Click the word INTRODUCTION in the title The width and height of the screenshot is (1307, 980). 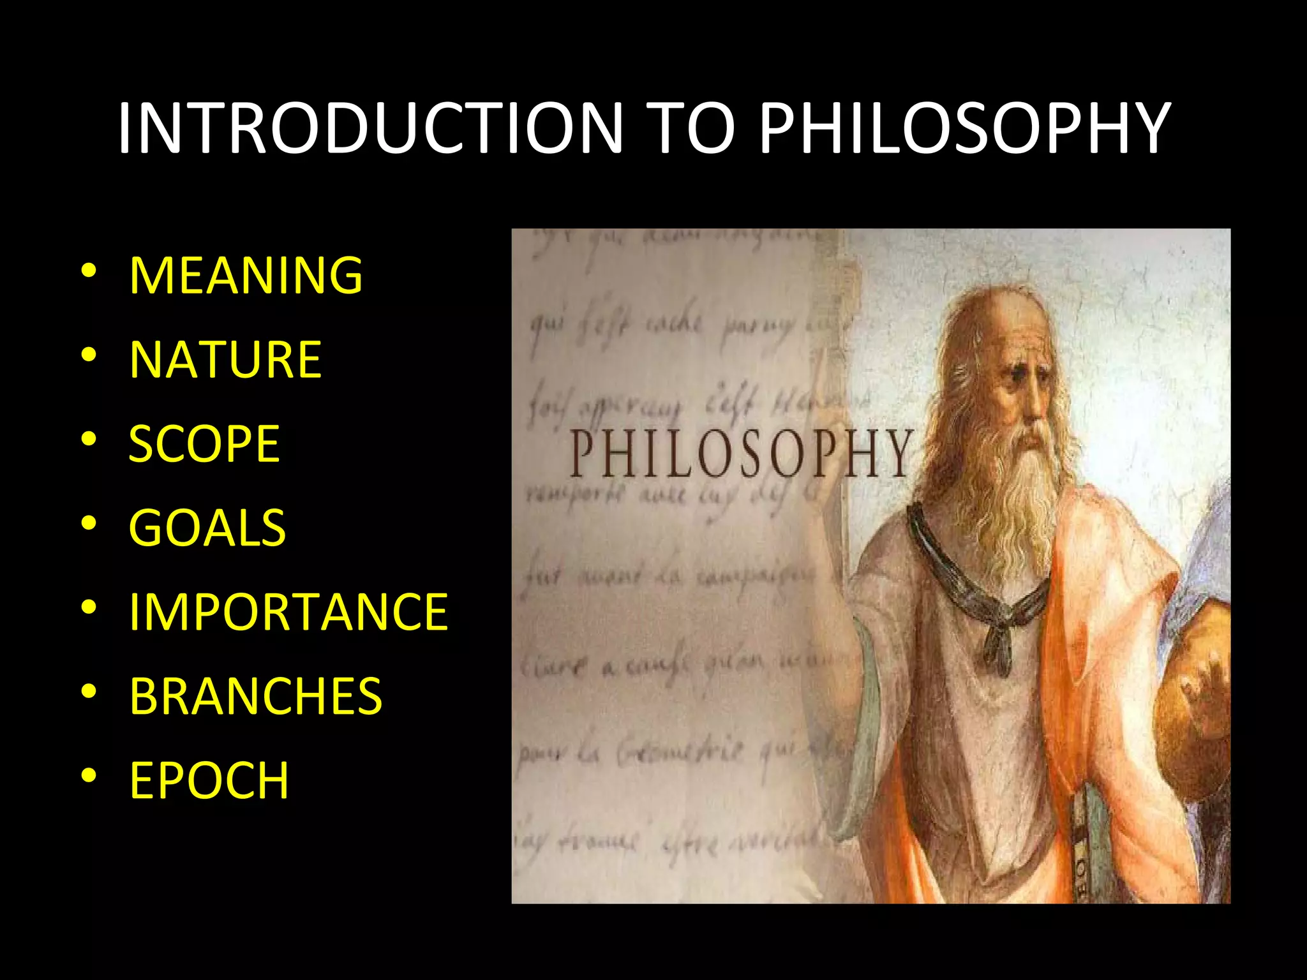(370, 129)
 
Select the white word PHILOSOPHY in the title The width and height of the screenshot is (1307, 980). (964, 129)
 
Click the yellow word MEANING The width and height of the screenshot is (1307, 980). (246, 275)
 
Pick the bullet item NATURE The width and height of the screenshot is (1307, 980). (225, 359)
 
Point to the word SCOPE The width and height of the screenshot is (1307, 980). (204, 443)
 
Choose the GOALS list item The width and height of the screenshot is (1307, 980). (207, 528)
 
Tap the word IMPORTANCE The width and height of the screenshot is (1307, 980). (288, 612)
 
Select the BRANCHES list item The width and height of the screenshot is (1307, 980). (255, 696)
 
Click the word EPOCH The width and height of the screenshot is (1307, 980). (209, 780)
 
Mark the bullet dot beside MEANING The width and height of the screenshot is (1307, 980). (89, 271)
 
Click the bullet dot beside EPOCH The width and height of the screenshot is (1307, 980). (89, 776)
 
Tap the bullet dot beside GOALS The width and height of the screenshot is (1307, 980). (89, 523)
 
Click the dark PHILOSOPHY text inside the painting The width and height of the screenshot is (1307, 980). (740, 454)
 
